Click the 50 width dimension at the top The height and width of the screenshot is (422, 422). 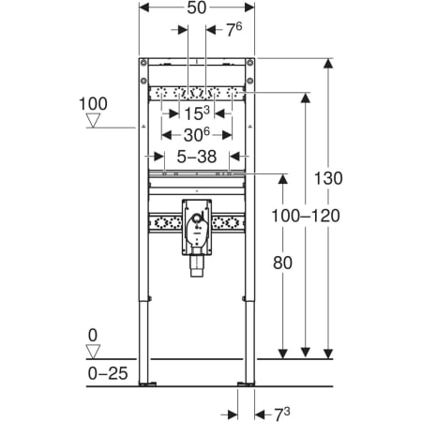(x=197, y=8)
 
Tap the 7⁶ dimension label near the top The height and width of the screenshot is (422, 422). (x=234, y=30)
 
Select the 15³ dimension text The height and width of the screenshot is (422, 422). (x=197, y=113)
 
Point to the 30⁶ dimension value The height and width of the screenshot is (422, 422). (x=197, y=135)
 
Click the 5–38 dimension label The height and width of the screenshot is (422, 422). (x=197, y=157)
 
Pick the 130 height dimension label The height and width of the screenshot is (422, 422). (x=328, y=178)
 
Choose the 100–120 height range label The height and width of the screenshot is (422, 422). (x=306, y=216)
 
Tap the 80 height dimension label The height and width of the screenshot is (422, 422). (x=282, y=263)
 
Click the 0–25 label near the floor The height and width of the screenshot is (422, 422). (x=108, y=373)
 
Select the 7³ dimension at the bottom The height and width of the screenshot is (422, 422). (x=282, y=414)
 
